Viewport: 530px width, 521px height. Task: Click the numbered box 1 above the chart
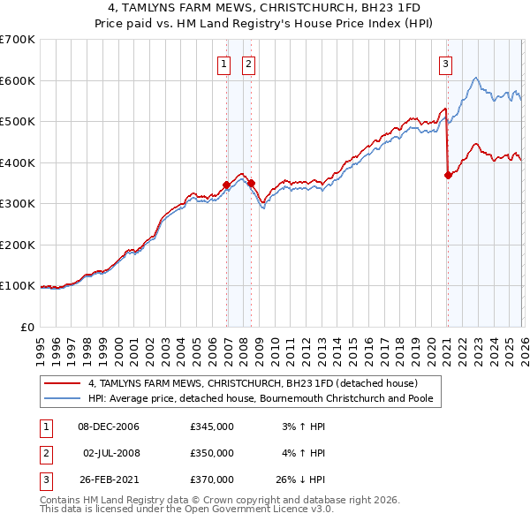click(224, 64)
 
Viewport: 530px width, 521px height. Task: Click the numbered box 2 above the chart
click(248, 64)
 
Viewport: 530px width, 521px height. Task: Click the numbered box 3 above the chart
click(446, 64)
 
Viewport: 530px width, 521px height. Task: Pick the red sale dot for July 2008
click(252, 183)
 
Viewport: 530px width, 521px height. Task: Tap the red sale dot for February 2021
click(448, 175)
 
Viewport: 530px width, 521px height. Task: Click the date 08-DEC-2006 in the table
click(109, 427)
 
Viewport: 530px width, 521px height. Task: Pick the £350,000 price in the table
click(211, 453)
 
